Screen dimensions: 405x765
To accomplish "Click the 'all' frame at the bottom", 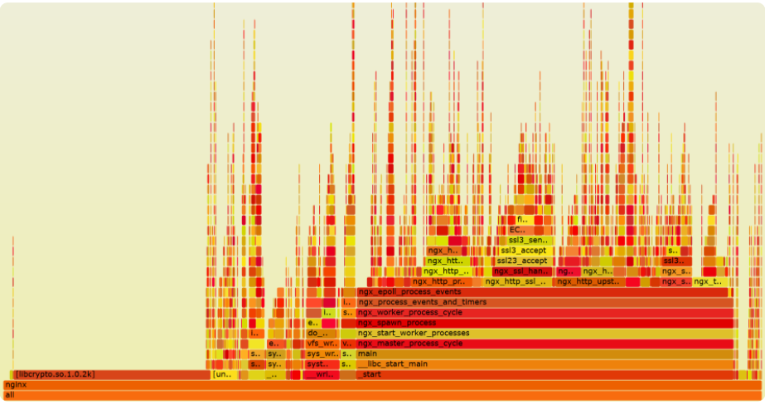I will click(x=381, y=395).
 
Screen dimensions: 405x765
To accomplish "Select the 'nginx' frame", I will click(x=381, y=385).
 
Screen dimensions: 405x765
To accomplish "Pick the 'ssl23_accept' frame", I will click(x=522, y=261).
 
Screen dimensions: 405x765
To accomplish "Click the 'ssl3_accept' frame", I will click(x=523, y=251).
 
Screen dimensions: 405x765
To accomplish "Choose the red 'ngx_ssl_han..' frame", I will click(x=521, y=271).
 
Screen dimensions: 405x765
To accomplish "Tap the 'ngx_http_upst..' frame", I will click(x=587, y=281).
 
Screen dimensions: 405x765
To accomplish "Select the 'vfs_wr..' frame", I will click(x=322, y=344).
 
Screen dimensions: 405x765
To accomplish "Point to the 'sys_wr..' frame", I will click(x=322, y=354).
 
